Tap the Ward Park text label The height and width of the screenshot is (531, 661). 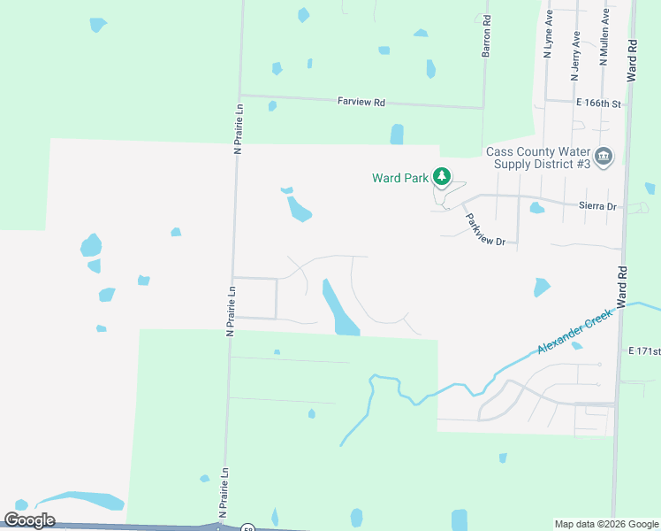coord(399,178)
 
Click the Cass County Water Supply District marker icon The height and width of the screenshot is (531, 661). coord(604,158)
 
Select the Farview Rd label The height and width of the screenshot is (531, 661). coord(361,102)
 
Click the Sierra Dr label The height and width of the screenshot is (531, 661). coord(596,205)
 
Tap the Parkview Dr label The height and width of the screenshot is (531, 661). coord(485,229)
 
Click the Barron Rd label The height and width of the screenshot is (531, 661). coord(486,38)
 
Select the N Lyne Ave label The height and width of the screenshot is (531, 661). coord(548,35)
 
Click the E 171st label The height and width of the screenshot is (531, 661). coord(644,351)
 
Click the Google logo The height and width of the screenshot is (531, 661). coord(30,520)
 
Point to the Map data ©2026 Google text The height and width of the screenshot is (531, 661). coord(606,524)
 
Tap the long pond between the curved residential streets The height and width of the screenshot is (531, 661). coord(338,308)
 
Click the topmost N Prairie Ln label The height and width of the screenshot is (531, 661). coord(238,129)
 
